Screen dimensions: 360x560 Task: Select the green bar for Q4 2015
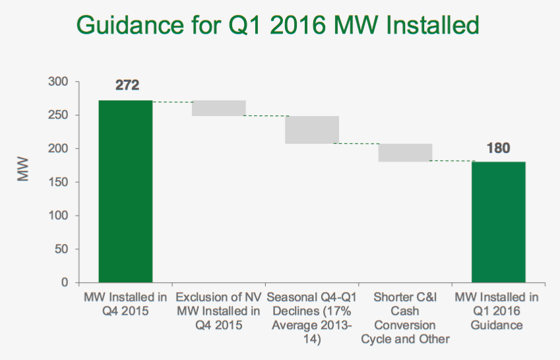125,191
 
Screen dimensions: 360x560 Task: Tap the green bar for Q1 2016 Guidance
499,222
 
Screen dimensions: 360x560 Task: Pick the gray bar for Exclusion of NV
219,108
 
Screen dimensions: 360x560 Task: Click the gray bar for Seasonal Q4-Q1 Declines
312,130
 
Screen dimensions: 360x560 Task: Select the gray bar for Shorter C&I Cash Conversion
405,152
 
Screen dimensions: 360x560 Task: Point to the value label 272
126,86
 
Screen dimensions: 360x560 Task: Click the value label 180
499,148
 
